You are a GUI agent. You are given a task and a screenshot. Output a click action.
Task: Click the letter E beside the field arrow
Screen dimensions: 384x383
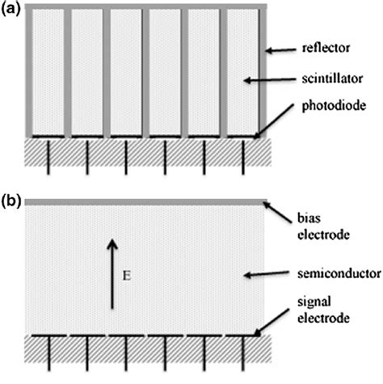(x=128, y=276)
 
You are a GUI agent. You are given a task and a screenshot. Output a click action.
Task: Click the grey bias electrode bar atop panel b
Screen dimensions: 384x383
(x=145, y=201)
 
